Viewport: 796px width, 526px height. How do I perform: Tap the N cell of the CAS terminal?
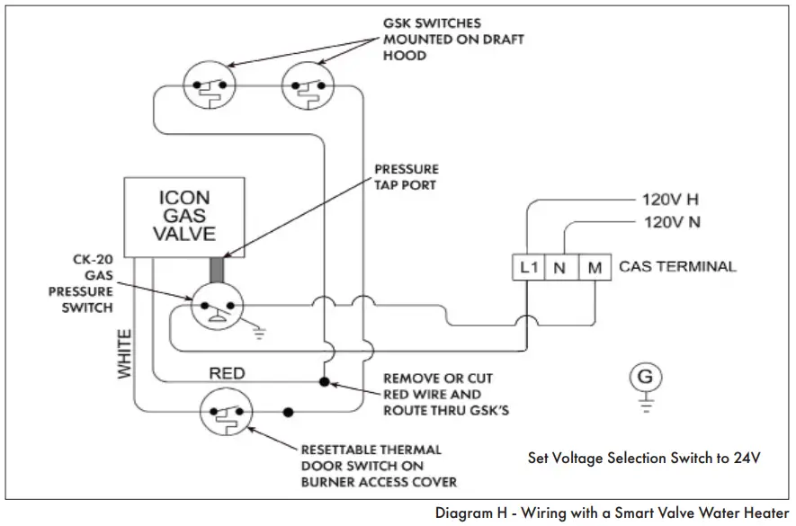pos(559,267)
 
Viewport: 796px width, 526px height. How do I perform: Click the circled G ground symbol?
pos(644,379)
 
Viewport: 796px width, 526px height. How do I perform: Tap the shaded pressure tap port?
pos(216,271)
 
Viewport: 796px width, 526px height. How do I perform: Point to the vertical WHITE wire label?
pos(124,352)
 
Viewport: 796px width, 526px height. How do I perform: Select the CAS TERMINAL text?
pos(677,267)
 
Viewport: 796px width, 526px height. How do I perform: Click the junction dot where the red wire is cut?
pos(324,382)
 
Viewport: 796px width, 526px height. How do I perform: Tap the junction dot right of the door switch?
pos(288,413)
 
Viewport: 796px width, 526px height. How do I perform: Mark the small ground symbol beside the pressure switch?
pos(260,333)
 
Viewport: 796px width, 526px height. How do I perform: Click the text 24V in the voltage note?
pos(747,458)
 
